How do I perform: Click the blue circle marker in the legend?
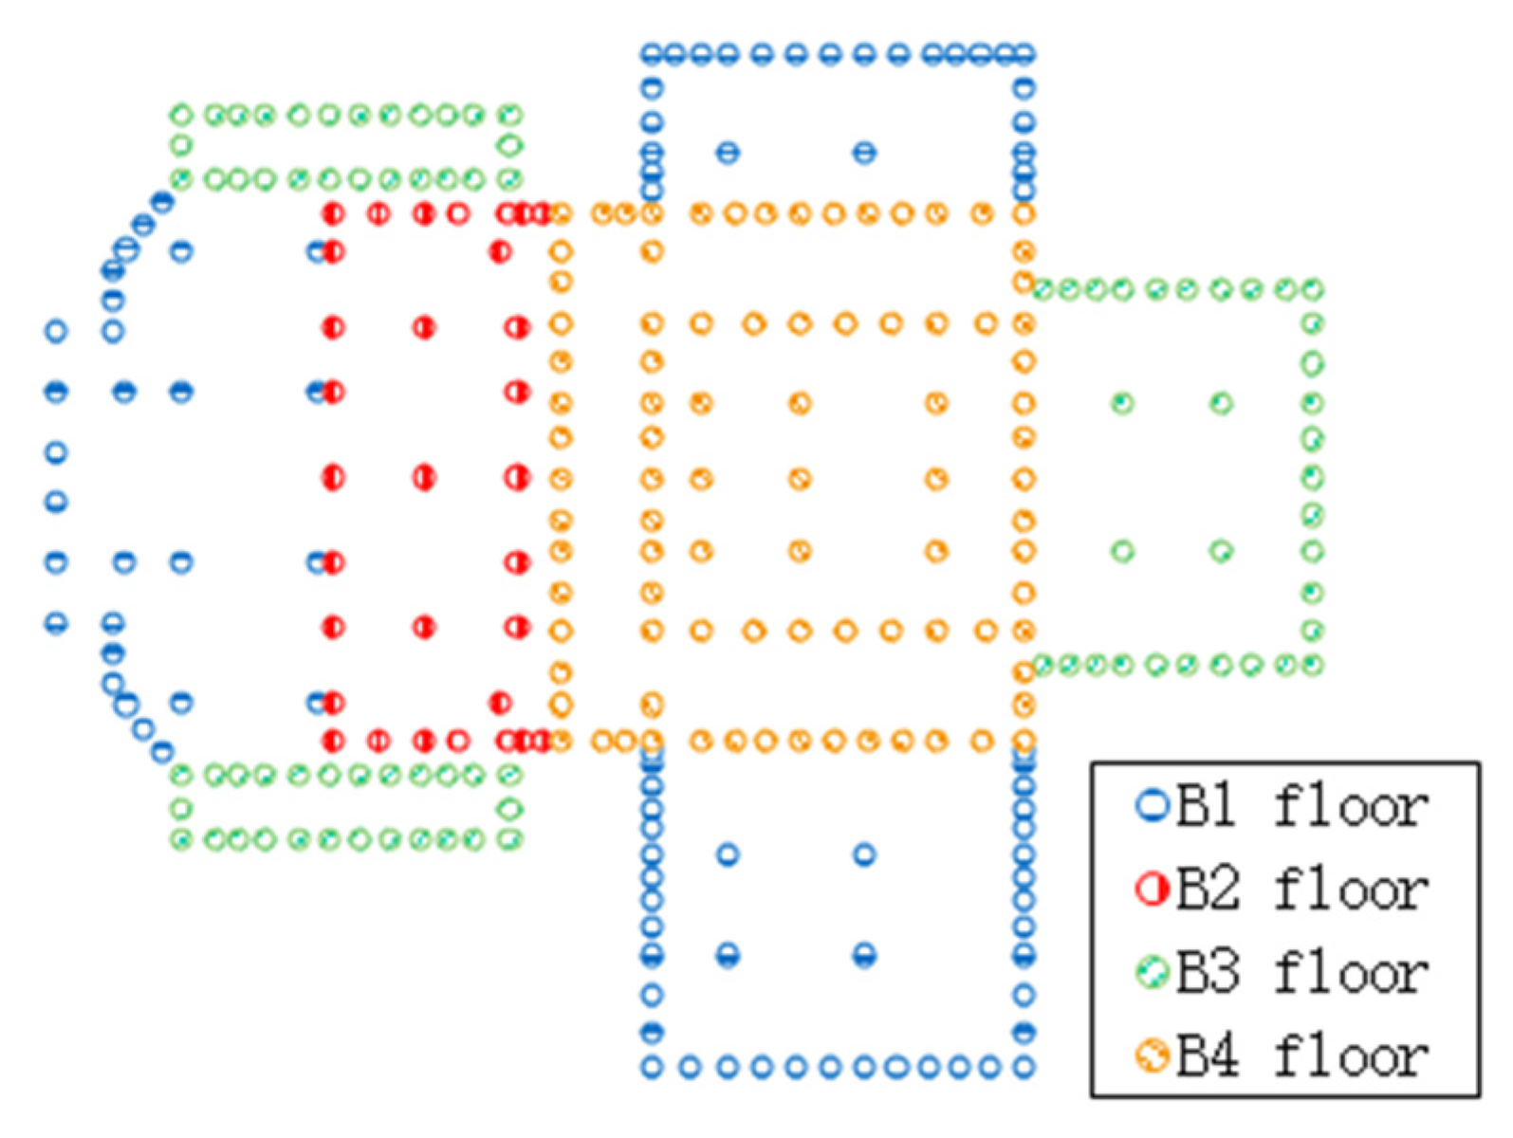pos(1153,806)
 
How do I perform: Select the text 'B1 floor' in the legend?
pos(1301,807)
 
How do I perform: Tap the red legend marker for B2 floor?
pos(1153,890)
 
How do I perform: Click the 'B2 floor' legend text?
pos(1301,890)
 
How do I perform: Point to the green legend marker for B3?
pos(1153,973)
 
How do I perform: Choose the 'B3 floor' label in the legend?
pos(1301,974)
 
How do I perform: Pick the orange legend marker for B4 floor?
pos(1153,1055)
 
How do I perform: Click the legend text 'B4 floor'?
pos(1301,1056)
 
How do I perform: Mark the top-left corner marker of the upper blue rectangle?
pos(652,54)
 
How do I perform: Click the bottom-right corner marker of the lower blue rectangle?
pos(1024,1068)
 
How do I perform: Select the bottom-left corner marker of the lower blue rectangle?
pos(652,1068)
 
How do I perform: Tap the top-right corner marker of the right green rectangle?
pos(1313,289)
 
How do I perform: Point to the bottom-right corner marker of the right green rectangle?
pos(1313,665)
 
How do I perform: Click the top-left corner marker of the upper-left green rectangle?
pos(181,116)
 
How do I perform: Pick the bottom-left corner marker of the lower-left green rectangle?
pos(181,839)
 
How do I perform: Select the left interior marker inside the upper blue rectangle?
pos(728,152)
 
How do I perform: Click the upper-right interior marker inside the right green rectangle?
pos(1222,404)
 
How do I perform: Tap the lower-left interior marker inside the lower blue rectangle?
pos(728,955)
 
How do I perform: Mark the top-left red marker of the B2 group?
pos(333,213)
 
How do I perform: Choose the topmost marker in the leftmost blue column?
pos(56,331)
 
